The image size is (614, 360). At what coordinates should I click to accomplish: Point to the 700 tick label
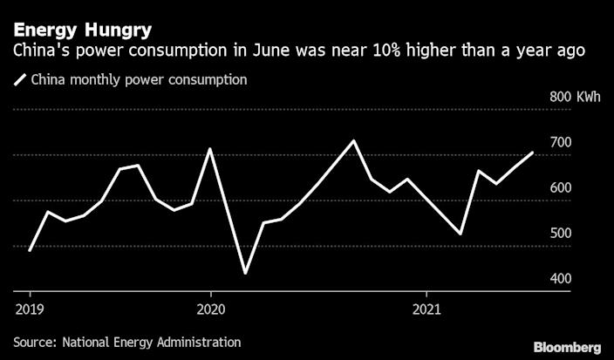coord(561,142)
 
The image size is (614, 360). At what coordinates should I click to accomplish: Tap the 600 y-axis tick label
coord(561,187)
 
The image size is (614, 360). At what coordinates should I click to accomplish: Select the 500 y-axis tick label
coord(561,233)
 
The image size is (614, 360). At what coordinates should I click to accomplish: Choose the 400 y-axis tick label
coord(561,278)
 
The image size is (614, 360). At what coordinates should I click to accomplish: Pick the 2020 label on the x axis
coord(210,308)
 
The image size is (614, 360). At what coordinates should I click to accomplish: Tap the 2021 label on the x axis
coord(426,308)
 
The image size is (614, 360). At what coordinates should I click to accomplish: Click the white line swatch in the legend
coord(20,80)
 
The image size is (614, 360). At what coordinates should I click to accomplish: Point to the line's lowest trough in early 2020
coord(245,273)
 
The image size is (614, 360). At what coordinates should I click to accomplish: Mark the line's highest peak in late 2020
coord(352,140)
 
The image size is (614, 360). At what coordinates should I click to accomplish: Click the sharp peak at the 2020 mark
coord(210,149)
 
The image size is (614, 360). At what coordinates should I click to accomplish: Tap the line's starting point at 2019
coord(31,250)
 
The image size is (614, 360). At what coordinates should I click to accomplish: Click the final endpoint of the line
coord(533,153)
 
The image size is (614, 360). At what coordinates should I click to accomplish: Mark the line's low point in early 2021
coord(460,234)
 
